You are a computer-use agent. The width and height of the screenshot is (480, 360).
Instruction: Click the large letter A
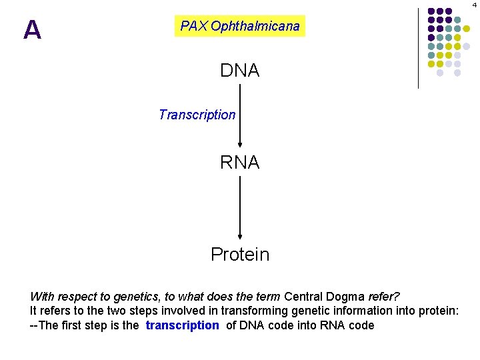click(x=32, y=30)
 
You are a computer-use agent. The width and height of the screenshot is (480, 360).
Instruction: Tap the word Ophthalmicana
click(x=255, y=27)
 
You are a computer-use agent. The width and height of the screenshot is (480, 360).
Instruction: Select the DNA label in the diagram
click(x=240, y=70)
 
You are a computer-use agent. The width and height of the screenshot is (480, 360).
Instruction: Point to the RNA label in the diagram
click(x=240, y=162)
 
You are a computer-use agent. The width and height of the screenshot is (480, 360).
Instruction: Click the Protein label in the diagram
click(x=240, y=254)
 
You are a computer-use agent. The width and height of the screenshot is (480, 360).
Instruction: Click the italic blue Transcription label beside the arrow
click(x=197, y=115)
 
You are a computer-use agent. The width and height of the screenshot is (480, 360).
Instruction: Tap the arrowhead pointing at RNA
click(x=240, y=147)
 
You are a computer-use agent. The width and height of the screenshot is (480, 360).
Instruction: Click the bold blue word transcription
click(x=182, y=325)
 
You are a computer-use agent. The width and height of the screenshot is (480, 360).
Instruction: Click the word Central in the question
click(x=305, y=296)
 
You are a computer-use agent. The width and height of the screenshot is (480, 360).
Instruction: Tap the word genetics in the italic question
click(x=129, y=296)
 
